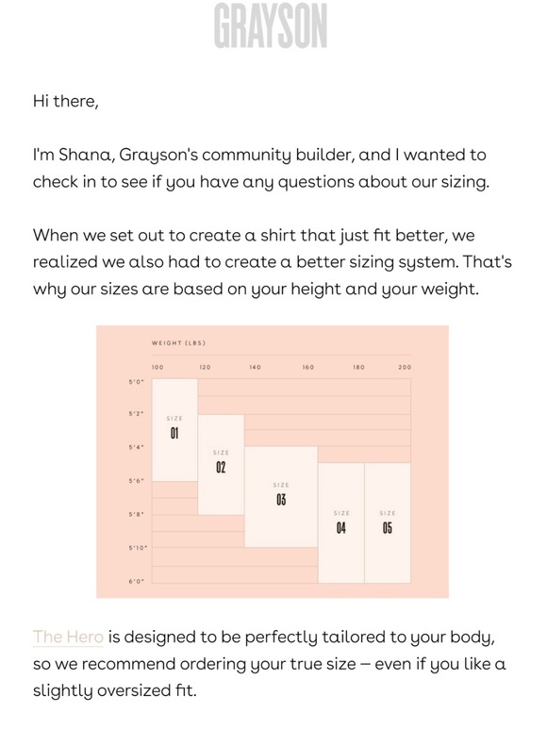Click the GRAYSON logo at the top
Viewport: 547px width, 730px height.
[270, 25]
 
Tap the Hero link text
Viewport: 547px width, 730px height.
[68, 637]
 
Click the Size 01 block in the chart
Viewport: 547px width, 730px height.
[174, 429]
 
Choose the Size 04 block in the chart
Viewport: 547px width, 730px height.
[340, 523]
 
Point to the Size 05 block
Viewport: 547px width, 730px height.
[388, 523]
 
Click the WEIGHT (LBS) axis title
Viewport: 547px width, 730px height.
[179, 343]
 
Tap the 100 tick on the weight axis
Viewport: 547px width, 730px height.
[157, 367]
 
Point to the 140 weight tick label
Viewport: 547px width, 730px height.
[255, 367]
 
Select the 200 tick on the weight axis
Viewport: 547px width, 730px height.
[404, 367]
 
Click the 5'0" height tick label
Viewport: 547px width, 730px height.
[136, 381]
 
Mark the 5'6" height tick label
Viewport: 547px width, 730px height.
[136, 481]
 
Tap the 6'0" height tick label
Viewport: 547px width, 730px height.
[136, 582]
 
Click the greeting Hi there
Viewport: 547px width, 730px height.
[65, 101]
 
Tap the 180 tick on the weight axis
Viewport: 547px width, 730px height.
[358, 367]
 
